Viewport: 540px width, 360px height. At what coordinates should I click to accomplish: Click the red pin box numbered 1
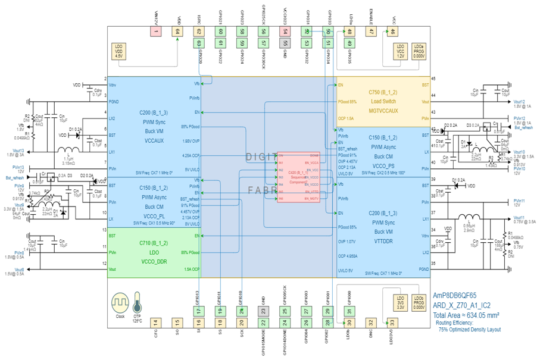click(x=156, y=32)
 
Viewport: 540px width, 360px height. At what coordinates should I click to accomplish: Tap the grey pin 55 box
click(x=285, y=43)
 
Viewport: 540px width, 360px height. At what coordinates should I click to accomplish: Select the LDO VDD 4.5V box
click(x=118, y=51)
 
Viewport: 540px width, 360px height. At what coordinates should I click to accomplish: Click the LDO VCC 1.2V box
click(x=400, y=51)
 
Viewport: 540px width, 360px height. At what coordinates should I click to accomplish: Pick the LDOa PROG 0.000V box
click(x=419, y=51)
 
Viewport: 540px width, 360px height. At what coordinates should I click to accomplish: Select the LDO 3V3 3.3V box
click(x=400, y=303)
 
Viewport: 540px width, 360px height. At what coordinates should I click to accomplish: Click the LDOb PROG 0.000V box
click(x=419, y=303)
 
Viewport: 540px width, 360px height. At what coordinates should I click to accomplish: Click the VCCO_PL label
click(x=153, y=216)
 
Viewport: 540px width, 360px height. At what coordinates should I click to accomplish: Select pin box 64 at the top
click(x=177, y=32)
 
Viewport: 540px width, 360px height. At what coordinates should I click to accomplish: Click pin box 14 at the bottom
click(x=156, y=323)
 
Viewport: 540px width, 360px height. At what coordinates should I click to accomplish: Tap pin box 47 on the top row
click(x=371, y=32)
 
